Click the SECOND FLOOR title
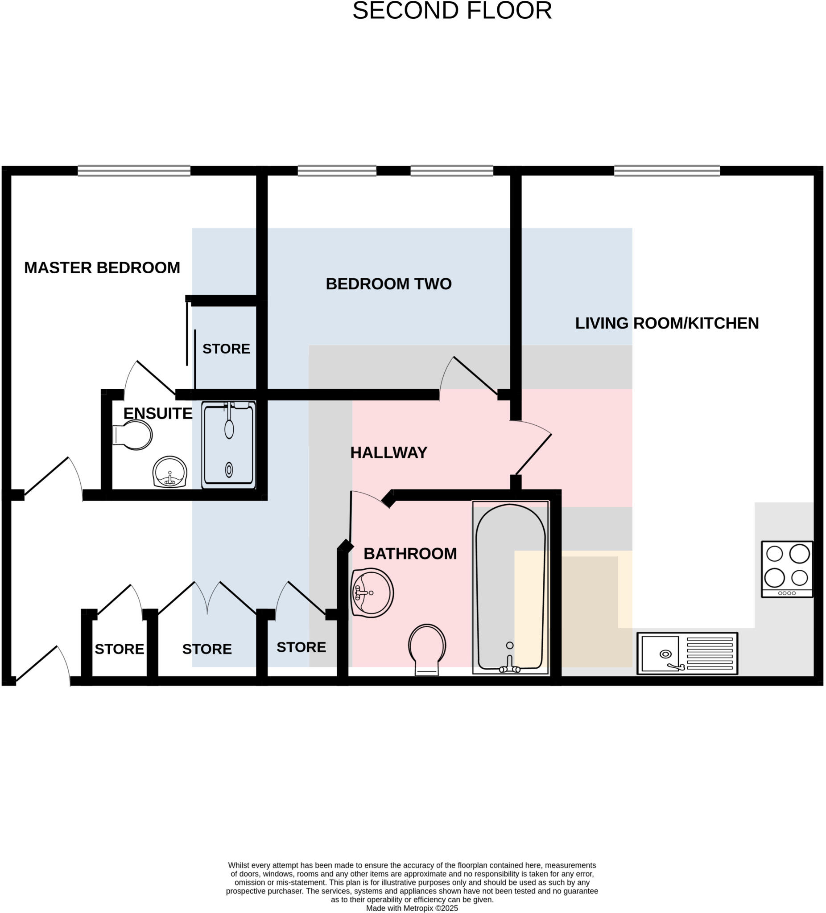452,11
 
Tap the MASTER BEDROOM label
102,267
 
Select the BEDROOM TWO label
388,284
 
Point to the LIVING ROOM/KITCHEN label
666,323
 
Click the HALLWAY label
388,452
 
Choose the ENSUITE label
158,413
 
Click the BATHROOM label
410,553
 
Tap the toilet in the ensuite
133,435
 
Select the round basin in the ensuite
170,472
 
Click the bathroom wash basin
372,592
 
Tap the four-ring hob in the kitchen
787,569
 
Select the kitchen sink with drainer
687,653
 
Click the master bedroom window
134,171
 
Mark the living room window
666,171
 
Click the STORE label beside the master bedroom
226,349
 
